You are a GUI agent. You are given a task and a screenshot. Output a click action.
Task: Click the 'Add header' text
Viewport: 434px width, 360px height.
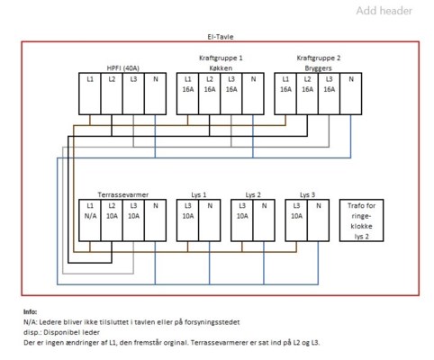tap(384, 11)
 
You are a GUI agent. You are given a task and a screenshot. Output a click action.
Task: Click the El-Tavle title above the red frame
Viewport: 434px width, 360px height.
tap(221, 37)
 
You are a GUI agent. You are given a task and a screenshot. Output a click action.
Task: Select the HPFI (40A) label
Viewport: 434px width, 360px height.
tap(122, 68)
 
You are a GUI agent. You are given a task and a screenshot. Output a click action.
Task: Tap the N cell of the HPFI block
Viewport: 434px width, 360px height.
tap(155, 94)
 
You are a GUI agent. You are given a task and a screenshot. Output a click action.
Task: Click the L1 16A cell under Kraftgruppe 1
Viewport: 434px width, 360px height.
tap(187, 94)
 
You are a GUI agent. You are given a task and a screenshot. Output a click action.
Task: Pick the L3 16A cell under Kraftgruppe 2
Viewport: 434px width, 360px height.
tap(329, 94)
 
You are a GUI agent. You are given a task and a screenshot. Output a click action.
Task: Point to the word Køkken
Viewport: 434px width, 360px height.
tap(221, 68)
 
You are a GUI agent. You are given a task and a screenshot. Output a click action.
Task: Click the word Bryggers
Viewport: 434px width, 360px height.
tap(318, 68)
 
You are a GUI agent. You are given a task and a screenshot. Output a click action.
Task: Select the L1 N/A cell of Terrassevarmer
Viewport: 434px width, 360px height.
tap(90, 220)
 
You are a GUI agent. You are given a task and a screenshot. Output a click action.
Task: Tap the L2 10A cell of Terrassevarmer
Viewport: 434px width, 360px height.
tap(112, 220)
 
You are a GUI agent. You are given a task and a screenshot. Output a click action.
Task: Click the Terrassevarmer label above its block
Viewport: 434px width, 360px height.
tap(123, 194)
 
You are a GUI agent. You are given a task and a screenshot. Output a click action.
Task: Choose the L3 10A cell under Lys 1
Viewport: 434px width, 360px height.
tap(187, 220)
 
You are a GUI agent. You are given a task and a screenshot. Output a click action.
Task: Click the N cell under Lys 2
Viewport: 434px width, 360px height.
tap(264, 220)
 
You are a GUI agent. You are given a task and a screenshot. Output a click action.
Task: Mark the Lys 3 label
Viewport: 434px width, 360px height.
tap(307, 194)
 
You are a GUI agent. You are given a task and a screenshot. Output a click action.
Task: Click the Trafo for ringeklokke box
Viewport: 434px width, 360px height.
tap(361, 220)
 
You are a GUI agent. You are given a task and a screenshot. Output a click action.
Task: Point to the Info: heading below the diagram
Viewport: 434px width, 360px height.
tap(30, 311)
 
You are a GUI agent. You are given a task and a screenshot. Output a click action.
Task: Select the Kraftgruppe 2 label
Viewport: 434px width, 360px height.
tap(319, 58)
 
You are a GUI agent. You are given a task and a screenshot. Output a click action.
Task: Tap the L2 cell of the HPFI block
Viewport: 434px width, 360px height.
tap(112, 94)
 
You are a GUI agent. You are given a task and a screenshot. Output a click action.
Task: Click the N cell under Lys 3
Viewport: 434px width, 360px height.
tap(318, 220)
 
